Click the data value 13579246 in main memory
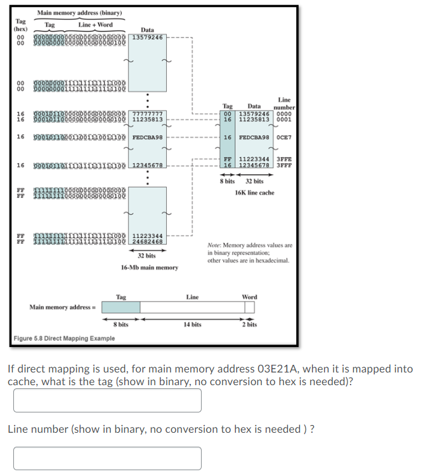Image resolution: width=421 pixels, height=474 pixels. pyautogui.click(x=147, y=37)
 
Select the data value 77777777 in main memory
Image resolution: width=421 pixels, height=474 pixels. pyautogui.click(x=147, y=114)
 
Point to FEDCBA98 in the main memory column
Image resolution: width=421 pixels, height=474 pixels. pyautogui.click(x=147, y=137)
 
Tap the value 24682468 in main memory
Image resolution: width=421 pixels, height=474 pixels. pyautogui.click(x=147, y=242)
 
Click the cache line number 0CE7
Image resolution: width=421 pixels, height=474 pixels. pyautogui.click(x=284, y=137)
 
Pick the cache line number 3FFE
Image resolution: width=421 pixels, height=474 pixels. pyautogui.click(x=284, y=159)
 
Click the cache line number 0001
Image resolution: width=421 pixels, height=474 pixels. pyautogui.click(x=284, y=119)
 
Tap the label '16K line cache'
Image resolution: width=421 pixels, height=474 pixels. pyautogui.click(x=254, y=192)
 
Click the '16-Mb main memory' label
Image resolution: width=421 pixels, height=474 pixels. pyautogui.click(x=149, y=268)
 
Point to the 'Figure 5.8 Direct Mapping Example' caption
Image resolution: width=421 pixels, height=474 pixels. pyautogui.click(x=64, y=338)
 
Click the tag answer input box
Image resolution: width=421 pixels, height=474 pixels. pyautogui.click(x=107, y=400)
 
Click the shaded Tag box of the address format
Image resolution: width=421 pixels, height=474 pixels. pyautogui.click(x=120, y=307)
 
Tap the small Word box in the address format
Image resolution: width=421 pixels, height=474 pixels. pyautogui.click(x=250, y=307)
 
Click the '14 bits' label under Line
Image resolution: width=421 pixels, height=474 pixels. pyautogui.click(x=193, y=324)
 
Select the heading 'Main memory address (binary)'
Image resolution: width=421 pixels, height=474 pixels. pyautogui.click(x=79, y=13)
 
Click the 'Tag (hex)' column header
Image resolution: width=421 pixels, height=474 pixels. pyautogui.click(x=21, y=25)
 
